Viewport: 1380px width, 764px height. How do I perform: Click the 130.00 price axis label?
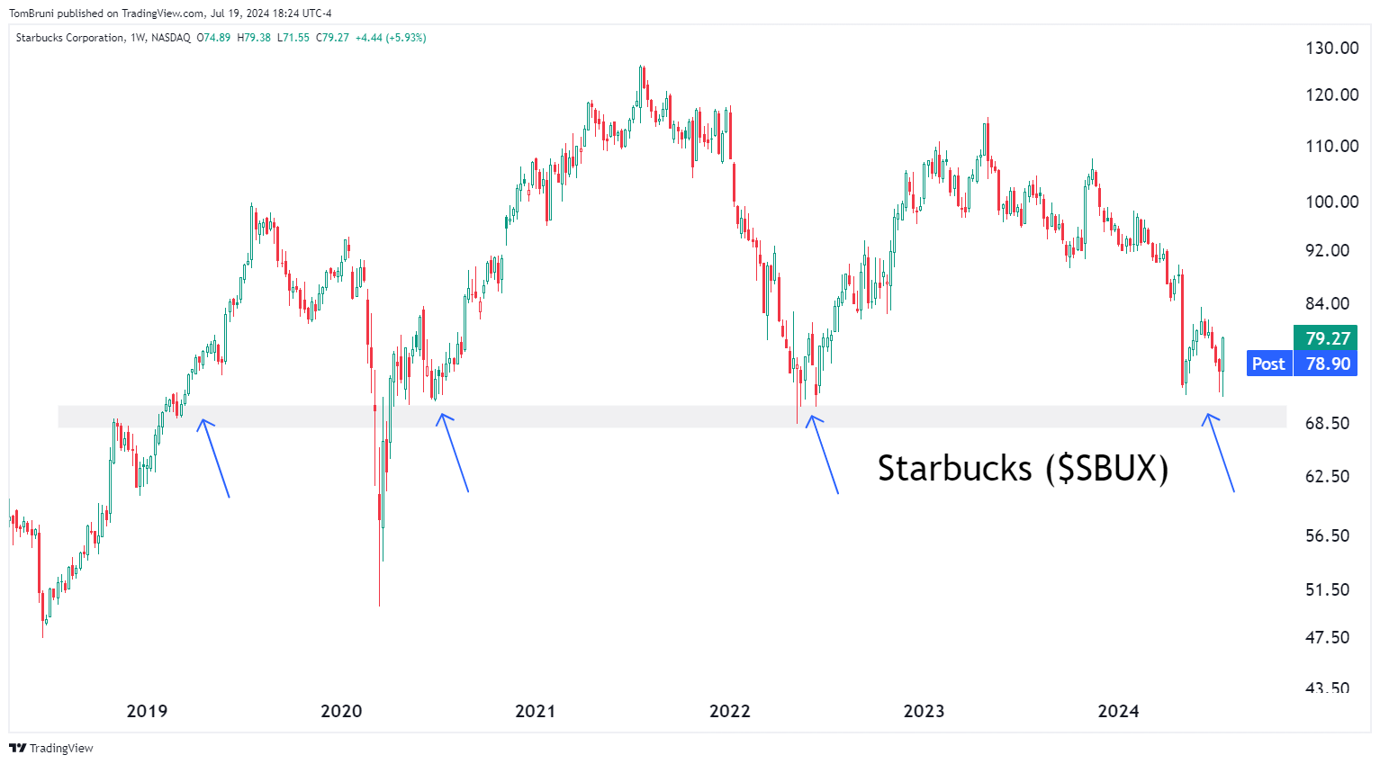1331,48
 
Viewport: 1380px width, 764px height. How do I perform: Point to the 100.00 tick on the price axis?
1331,202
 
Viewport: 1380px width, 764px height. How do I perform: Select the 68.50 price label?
1327,423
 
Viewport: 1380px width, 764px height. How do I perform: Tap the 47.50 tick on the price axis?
1327,637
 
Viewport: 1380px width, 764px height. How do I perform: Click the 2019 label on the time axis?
147,711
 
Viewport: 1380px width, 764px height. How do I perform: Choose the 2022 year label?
729,711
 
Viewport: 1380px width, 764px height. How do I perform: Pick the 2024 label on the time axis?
1118,711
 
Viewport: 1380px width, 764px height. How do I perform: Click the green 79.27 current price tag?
1326,338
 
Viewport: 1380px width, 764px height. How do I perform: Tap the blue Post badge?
1268,364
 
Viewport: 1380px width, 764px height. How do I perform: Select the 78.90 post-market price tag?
1327,364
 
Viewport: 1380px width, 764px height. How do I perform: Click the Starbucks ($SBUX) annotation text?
1023,469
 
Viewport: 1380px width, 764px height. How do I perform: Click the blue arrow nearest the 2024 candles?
1219,453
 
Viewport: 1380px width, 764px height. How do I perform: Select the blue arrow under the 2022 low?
824,454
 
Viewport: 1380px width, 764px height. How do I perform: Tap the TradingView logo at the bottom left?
51,748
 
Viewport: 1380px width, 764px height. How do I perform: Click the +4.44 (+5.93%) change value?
391,38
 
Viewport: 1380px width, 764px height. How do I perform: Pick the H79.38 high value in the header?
254,38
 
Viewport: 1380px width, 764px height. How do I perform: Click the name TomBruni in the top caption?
31,13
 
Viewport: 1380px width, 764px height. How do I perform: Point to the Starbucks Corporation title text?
70,38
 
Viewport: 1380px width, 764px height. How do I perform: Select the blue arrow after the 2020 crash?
454,453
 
